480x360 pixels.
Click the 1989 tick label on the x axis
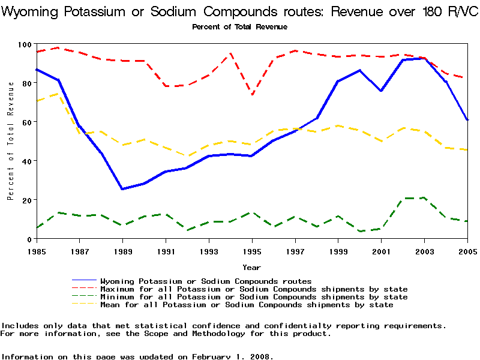point(122,251)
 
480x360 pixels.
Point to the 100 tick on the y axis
point(25,44)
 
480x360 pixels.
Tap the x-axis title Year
point(251,267)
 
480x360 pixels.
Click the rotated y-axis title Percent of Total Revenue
point(11,142)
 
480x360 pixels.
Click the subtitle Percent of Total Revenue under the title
point(239,27)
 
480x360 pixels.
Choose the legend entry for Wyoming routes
point(206,281)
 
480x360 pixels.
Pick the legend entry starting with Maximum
point(254,289)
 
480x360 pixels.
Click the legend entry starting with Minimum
point(254,297)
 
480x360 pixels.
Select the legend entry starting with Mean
point(247,305)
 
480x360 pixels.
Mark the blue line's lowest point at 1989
point(122,189)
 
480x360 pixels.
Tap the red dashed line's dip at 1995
point(252,94)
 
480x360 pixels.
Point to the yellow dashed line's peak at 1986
point(58,94)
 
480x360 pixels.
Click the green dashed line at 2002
point(403,198)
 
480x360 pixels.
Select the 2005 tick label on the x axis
point(467,251)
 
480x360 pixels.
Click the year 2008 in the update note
point(262,356)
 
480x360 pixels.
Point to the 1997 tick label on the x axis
point(295,251)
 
